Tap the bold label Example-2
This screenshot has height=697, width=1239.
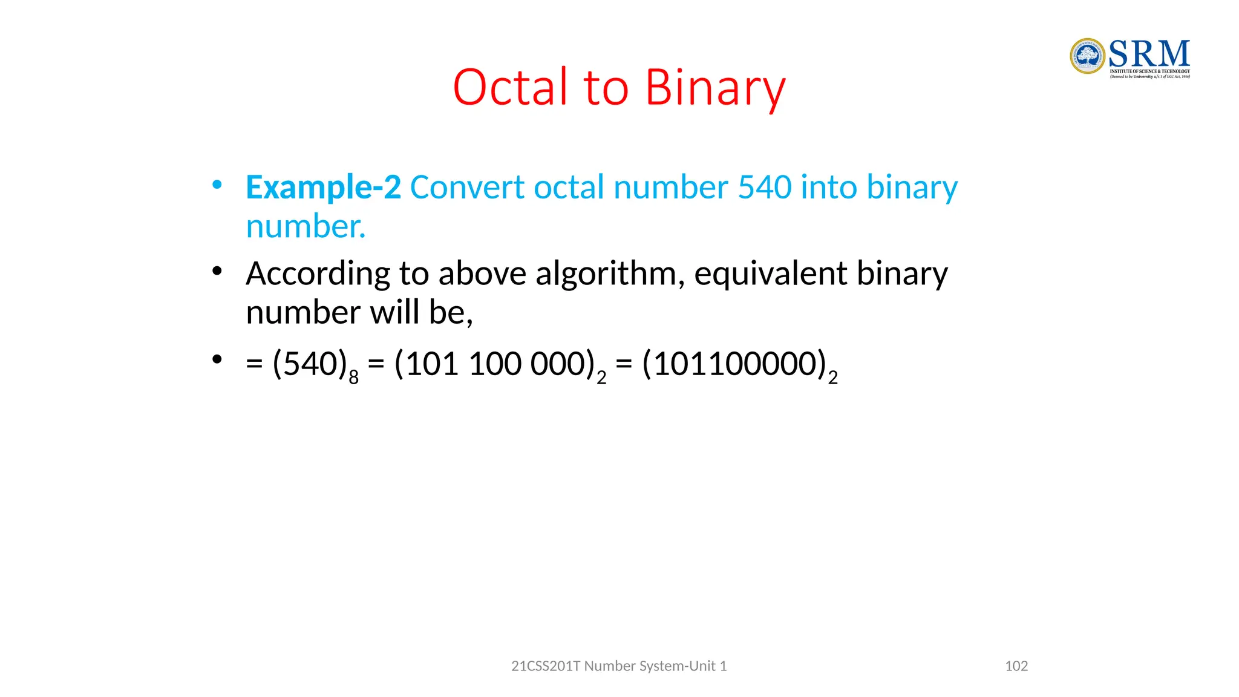click(x=323, y=187)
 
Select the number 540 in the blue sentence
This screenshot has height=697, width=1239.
click(x=764, y=187)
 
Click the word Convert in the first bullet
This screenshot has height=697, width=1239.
click(x=466, y=187)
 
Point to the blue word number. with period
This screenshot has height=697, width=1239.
click(x=306, y=227)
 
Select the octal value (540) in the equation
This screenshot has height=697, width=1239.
click(x=310, y=364)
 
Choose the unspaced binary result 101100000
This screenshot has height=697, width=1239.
click(x=735, y=364)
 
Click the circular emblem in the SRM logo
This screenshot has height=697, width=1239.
click(x=1087, y=56)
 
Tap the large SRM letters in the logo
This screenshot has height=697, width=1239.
click(x=1149, y=54)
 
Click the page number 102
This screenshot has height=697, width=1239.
click(x=1016, y=666)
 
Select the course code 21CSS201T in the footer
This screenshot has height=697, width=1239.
click(x=545, y=666)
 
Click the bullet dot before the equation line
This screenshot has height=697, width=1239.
click(x=217, y=360)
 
